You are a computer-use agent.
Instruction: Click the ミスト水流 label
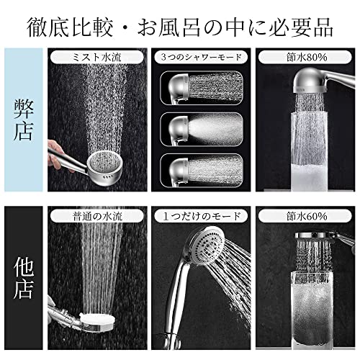97,58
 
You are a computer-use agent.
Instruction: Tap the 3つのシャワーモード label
201,58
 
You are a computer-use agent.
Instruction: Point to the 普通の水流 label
97,217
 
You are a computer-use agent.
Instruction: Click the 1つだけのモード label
202,217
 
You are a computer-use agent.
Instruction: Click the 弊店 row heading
23,120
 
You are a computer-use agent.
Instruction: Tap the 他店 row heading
23,279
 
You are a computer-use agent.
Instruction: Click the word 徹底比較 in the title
70,27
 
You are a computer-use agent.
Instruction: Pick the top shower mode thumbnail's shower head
179,88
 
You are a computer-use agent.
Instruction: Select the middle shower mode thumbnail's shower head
179,130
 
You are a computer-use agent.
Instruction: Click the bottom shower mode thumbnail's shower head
179,171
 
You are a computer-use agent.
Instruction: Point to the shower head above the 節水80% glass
311,81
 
